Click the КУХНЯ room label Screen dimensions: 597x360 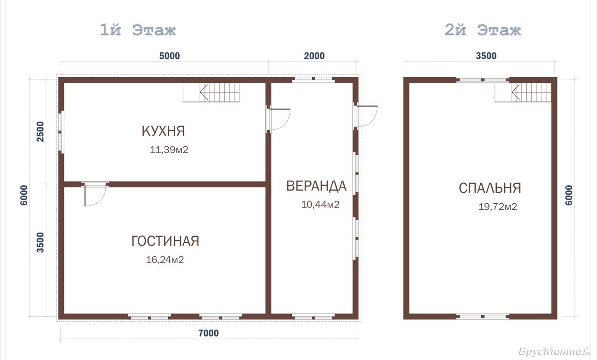163,131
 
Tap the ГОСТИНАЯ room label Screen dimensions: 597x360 165,241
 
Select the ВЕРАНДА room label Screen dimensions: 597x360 316,186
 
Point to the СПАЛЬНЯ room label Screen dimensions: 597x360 490,188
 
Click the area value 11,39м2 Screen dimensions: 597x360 169,149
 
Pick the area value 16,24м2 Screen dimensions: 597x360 165,259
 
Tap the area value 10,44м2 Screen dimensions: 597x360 320,204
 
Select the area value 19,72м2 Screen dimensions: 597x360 498,206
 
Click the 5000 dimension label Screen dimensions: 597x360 170,56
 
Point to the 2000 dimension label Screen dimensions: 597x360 314,56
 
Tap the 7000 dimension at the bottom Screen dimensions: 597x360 209,333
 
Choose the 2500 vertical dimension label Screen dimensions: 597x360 40,131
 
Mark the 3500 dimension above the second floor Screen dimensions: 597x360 486,56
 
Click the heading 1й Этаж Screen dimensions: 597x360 138,30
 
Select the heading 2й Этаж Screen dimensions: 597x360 483,30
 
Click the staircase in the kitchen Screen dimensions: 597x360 211,92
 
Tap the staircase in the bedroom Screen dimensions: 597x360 523,92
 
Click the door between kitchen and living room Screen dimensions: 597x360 95,194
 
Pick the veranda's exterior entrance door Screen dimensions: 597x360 366,116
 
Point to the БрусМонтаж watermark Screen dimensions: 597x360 554,351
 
